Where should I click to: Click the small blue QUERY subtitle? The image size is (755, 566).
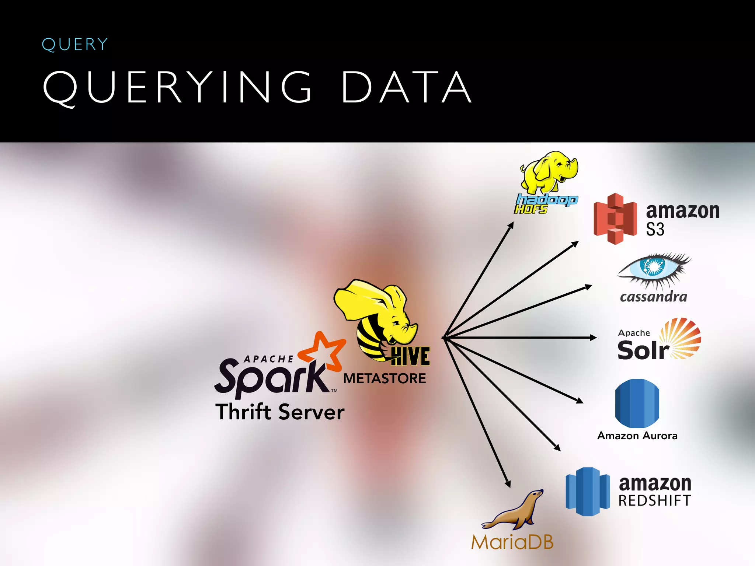click(75, 45)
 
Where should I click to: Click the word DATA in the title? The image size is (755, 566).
click(407, 88)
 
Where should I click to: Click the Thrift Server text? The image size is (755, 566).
click(280, 412)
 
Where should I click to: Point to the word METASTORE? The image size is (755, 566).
click(385, 378)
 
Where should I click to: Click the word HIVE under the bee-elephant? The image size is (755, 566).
click(410, 356)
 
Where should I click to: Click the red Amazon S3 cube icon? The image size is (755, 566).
click(615, 219)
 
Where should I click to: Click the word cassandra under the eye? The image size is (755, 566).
click(653, 297)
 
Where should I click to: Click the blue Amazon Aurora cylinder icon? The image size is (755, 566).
click(637, 403)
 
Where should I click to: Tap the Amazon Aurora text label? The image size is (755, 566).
click(637, 436)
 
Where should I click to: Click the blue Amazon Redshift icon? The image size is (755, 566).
click(588, 491)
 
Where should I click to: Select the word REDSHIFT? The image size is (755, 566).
click(654, 501)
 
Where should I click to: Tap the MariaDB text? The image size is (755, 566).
click(512, 542)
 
